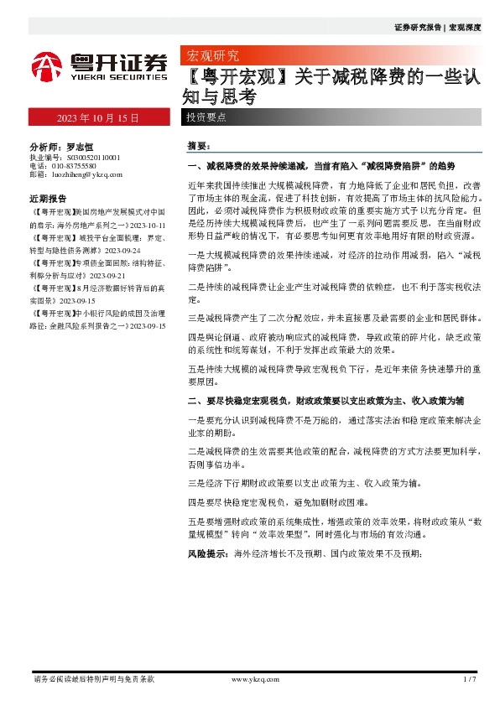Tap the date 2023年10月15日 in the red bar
point(97,117)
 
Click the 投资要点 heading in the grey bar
point(206,117)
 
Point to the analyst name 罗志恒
point(82,145)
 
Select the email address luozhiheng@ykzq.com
point(87,175)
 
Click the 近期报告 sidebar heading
point(48,200)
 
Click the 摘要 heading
point(198,146)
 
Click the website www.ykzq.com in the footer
point(254,679)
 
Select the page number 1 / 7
point(469,679)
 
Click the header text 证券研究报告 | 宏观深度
point(437,27)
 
